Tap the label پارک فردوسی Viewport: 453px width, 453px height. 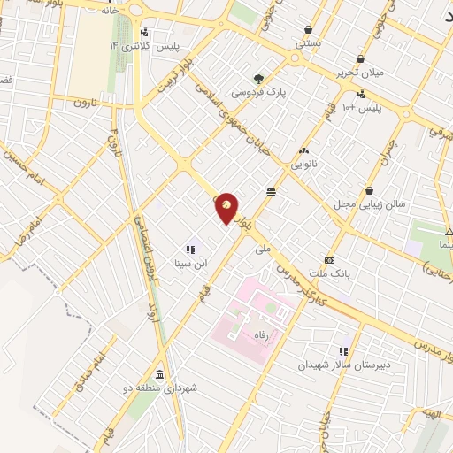pyautogui.click(x=258, y=92)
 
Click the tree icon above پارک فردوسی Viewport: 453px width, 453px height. pyautogui.click(x=258, y=78)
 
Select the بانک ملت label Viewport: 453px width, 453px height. pyautogui.click(x=329, y=274)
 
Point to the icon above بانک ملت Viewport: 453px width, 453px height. pyautogui.click(x=329, y=260)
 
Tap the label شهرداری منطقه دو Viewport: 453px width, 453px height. pyautogui.click(x=167, y=388)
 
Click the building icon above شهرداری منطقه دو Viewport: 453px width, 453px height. pyautogui.click(x=159, y=374)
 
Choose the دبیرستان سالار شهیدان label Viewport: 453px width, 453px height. pyautogui.click(x=343, y=365)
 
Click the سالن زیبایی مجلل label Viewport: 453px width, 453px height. pyautogui.click(x=369, y=204)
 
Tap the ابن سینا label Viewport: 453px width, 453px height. pyautogui.click(x=189, y=263)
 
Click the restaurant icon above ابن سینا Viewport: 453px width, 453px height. pyautogui.click(x=188, y=249)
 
